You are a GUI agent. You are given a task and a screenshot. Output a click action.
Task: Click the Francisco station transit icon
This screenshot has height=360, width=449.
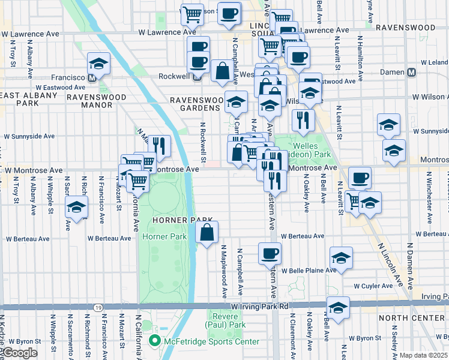coord(92,78)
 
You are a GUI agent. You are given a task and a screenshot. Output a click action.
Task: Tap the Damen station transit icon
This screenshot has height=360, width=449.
coord(411,72)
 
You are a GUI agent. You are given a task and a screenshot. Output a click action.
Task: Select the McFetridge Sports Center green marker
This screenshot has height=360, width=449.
coord(154,341)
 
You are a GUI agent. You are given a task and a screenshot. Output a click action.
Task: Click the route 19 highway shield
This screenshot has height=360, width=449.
coord(97,307)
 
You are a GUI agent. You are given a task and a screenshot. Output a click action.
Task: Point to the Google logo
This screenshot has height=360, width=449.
coord(20,353)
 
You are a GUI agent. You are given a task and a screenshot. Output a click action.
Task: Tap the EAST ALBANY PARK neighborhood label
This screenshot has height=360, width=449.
coord(28,100)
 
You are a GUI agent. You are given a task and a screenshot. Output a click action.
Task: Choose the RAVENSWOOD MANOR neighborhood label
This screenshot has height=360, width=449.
coord(89,100)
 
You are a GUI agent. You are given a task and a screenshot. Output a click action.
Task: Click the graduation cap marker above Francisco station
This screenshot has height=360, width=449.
coord(98,63)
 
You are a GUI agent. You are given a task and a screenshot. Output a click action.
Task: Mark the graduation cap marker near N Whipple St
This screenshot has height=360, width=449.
coord(76,206)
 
